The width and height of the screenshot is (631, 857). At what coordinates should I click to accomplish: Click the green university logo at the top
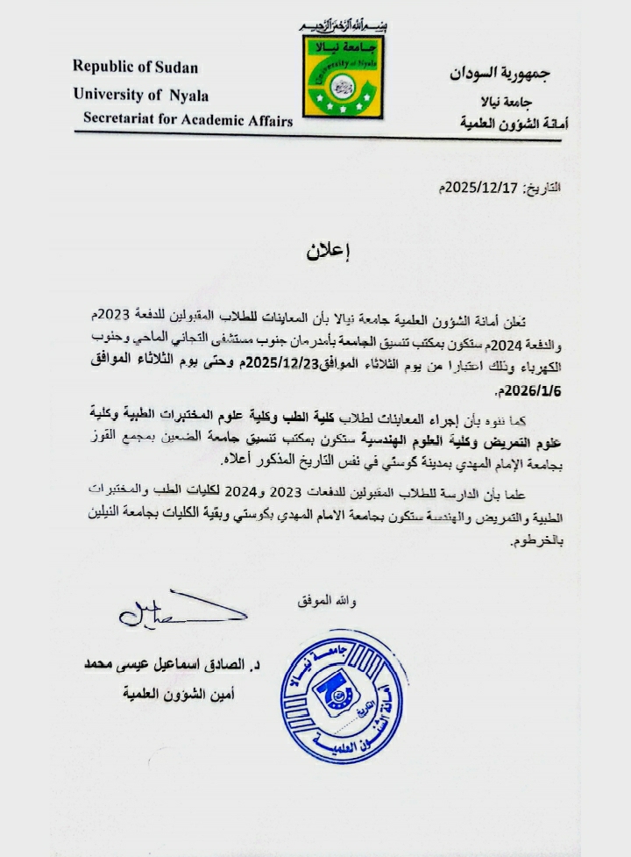click(344, 76)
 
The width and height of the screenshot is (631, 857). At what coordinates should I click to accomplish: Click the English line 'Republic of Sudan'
click(135, 67)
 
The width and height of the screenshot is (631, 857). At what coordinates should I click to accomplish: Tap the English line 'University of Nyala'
click(141, 95)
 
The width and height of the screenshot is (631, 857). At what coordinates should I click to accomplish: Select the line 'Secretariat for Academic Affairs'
click(188, 121)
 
